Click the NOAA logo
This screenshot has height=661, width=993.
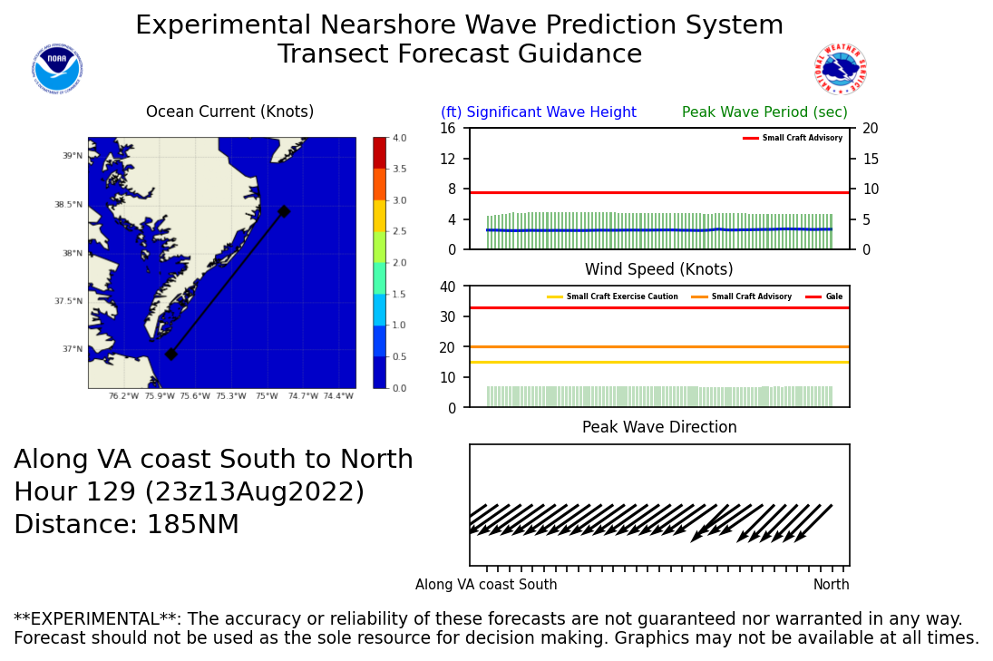(56, 69)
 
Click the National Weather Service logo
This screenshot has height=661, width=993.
(840, 69)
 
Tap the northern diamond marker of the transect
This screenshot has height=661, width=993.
(284, 211)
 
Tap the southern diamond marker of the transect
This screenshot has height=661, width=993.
(170, 354)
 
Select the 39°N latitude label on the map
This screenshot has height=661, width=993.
(72, 156)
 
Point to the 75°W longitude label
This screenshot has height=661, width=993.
(266, 396)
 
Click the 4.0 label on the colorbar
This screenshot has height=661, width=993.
(398, 138)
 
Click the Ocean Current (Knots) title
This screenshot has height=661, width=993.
(229, 112)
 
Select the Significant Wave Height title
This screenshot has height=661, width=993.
(539, 112)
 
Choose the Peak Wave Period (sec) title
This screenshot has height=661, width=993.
(764, 112)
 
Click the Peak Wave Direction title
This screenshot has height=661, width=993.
(659, 428)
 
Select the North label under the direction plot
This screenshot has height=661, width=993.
(831, 585)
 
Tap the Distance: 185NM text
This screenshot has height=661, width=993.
(126, 525)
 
